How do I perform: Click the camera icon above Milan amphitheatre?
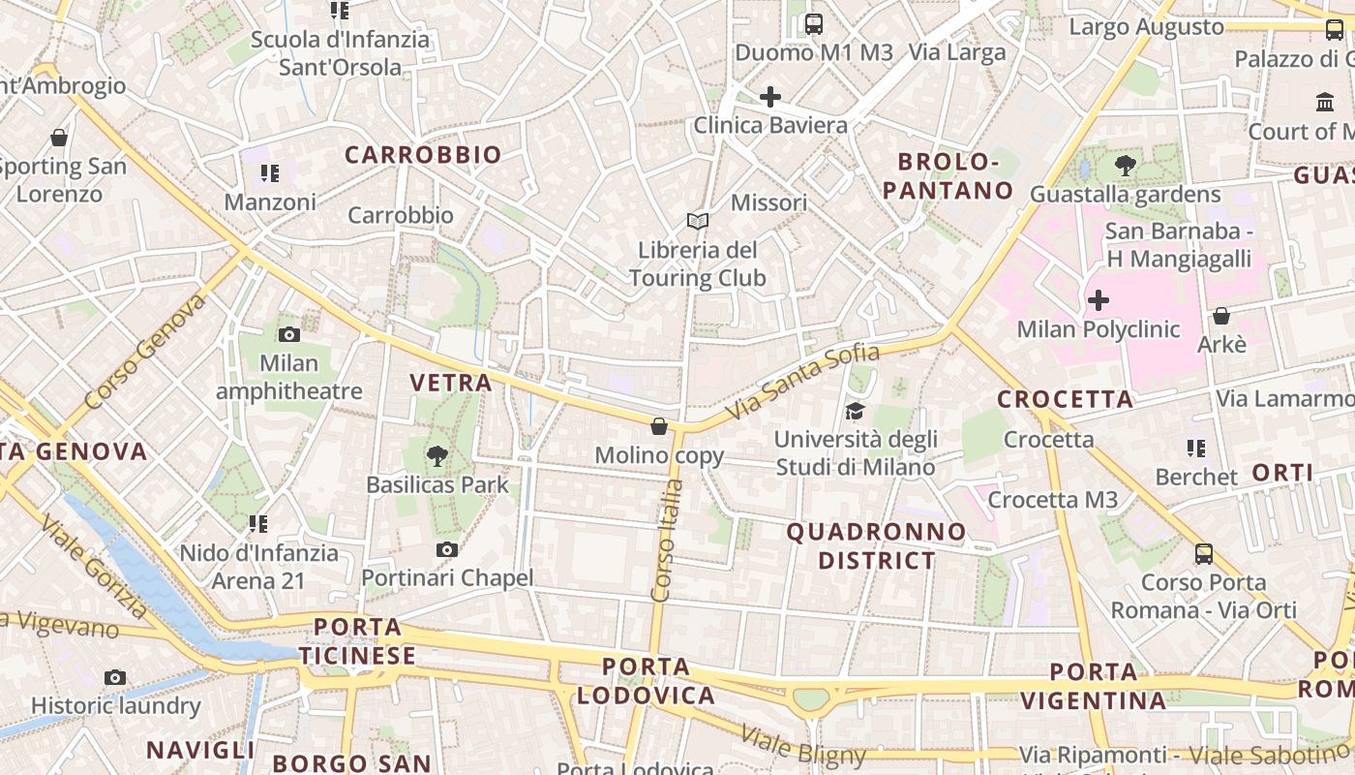coord(288,335)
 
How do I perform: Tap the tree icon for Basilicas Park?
coord(437,455)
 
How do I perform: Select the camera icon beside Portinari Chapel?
coord(446,550)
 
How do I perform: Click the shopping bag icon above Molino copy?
coord(659,426)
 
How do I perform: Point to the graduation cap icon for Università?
coord(855,412)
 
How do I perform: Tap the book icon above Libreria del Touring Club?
coord(698,222)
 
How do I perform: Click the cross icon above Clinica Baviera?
coord(770,97)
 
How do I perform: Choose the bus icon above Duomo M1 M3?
coord(814,24)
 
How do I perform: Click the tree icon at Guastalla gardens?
coord(1126,166)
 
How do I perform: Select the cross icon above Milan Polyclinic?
coord(1099,300)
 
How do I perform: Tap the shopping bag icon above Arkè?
coord(1221,317)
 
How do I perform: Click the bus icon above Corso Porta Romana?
coord(1204,554)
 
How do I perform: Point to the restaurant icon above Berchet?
coord(1196,449)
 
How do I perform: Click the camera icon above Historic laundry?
coord(115,677)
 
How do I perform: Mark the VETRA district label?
coord(451,383)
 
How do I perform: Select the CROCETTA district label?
coord(1065,399)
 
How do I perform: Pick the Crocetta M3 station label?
coord(1052,500)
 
